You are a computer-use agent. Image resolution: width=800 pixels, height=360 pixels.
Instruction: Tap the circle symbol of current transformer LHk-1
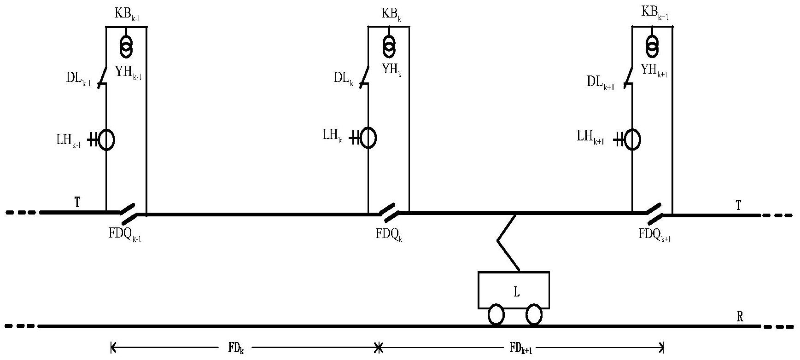point(106,139)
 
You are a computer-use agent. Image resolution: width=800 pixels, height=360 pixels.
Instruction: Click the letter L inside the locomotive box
point(517,292)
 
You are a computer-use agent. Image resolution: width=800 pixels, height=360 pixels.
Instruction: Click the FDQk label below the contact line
point(389,234)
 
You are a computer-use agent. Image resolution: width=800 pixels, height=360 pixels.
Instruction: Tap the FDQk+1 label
point(654,234)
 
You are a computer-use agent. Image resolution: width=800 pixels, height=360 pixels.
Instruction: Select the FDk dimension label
point(236,348)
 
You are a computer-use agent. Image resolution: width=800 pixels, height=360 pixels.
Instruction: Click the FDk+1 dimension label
point(521,348)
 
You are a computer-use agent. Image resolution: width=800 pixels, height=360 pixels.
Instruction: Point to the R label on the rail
point(740,317)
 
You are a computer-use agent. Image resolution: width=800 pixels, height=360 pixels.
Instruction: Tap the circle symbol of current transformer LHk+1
point(633,139)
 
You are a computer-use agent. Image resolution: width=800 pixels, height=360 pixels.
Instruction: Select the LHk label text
point(332,136)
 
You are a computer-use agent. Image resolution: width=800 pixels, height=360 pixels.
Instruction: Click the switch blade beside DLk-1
point(104,75)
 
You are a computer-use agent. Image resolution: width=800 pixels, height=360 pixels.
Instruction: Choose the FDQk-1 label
point(125,234)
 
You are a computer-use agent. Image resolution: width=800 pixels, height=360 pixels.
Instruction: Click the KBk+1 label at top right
point(655,14)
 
